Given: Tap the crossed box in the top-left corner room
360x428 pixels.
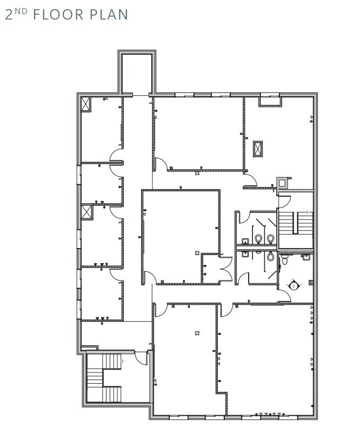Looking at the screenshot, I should (x=85, y=104).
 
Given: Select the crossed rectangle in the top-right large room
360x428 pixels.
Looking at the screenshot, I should (x=258, y=148).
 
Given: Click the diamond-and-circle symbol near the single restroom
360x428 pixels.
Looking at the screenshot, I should (x=294, y=285).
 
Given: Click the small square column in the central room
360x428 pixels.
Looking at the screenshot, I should (x=197, y=252).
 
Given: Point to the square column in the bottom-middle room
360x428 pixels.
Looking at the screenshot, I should (x=197, y=333).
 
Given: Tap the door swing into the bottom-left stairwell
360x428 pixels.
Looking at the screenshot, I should (x=142, y=357).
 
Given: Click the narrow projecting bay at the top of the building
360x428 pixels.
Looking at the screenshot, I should (x=137, y=73).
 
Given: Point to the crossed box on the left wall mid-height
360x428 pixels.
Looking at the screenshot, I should (x=86, y=212).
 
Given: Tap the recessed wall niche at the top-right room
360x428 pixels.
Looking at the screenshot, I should (x=270, y=100).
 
